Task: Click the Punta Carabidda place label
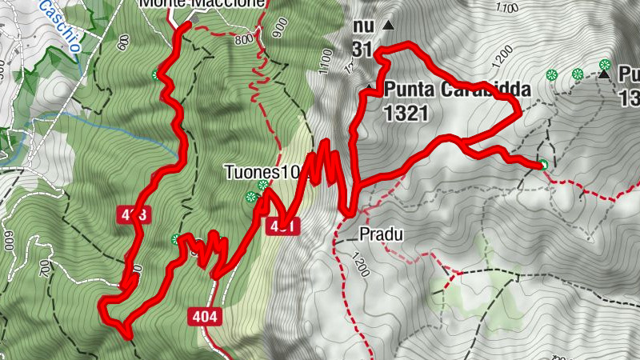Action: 452,89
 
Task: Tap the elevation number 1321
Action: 406,113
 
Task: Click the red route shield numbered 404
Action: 204,317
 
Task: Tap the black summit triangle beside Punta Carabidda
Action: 369,87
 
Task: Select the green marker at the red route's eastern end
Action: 542,165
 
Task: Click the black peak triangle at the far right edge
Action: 605,75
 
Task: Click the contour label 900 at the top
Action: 278,27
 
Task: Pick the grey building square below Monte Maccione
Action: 193,18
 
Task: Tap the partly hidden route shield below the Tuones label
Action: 286,226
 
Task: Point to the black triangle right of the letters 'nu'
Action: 389,26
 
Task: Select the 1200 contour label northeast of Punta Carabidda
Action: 502,58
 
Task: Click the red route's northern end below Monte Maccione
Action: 186,26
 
